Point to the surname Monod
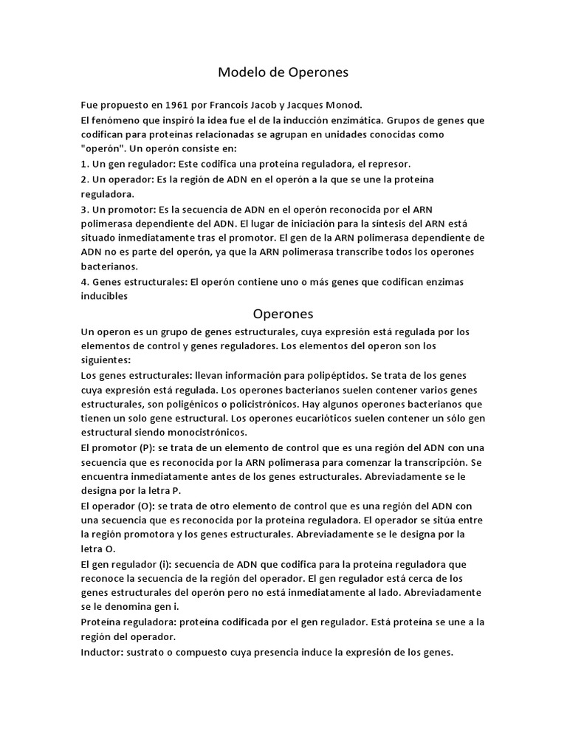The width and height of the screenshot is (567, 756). tap(343, 105)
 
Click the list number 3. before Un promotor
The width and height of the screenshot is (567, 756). tap(85, 208)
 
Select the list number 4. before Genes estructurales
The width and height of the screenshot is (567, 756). tap(85, 282)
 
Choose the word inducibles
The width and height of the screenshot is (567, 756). tap(105, 297)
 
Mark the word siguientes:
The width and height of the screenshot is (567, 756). tap(106, 360)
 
